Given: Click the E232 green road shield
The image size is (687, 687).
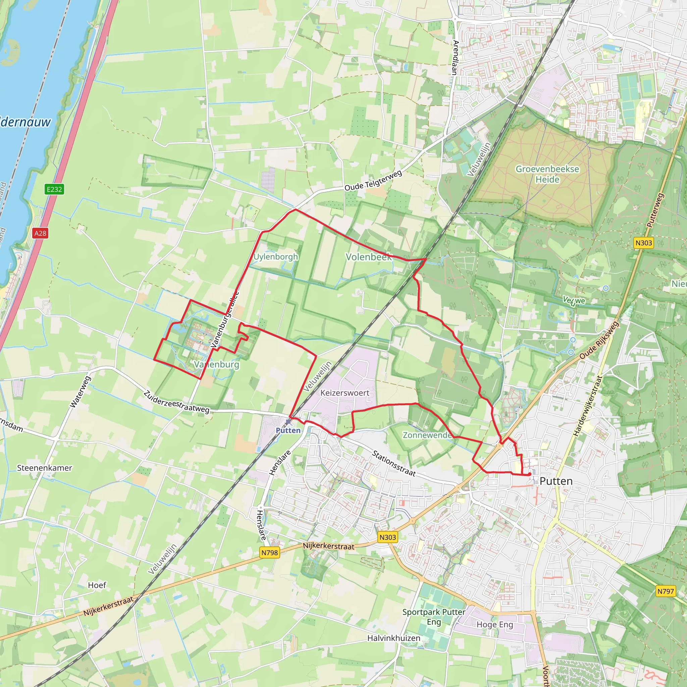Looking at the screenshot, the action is (54, 189).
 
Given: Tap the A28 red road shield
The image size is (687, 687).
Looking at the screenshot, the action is (40, 233).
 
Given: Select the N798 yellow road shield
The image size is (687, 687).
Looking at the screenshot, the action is (269, 552).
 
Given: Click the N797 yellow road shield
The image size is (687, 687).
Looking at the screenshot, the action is (665, 591).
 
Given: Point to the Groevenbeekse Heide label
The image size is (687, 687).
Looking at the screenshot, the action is (547, 174).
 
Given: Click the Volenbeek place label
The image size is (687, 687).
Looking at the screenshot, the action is (368, 257).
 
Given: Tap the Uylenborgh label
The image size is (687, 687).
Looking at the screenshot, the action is (276, 256).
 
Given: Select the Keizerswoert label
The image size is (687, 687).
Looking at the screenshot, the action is (345, 393).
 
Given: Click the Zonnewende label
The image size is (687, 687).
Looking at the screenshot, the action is (427, 435).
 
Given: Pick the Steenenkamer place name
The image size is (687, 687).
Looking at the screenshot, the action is (45, 468).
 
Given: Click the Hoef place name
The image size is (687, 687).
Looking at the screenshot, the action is (97, 585).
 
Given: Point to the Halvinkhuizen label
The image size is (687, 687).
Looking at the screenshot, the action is (393, 638).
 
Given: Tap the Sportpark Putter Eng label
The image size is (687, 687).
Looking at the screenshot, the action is (434, 617).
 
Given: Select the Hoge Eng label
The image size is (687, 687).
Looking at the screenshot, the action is (495, 624).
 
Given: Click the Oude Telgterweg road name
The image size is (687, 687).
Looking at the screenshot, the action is (373, 180).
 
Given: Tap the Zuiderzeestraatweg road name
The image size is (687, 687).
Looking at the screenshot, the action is (176, 402).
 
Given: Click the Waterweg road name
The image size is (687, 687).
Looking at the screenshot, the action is (81, 391).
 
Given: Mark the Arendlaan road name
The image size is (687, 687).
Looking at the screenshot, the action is (455, 57).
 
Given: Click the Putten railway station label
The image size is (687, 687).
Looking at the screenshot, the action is (288, 430).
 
